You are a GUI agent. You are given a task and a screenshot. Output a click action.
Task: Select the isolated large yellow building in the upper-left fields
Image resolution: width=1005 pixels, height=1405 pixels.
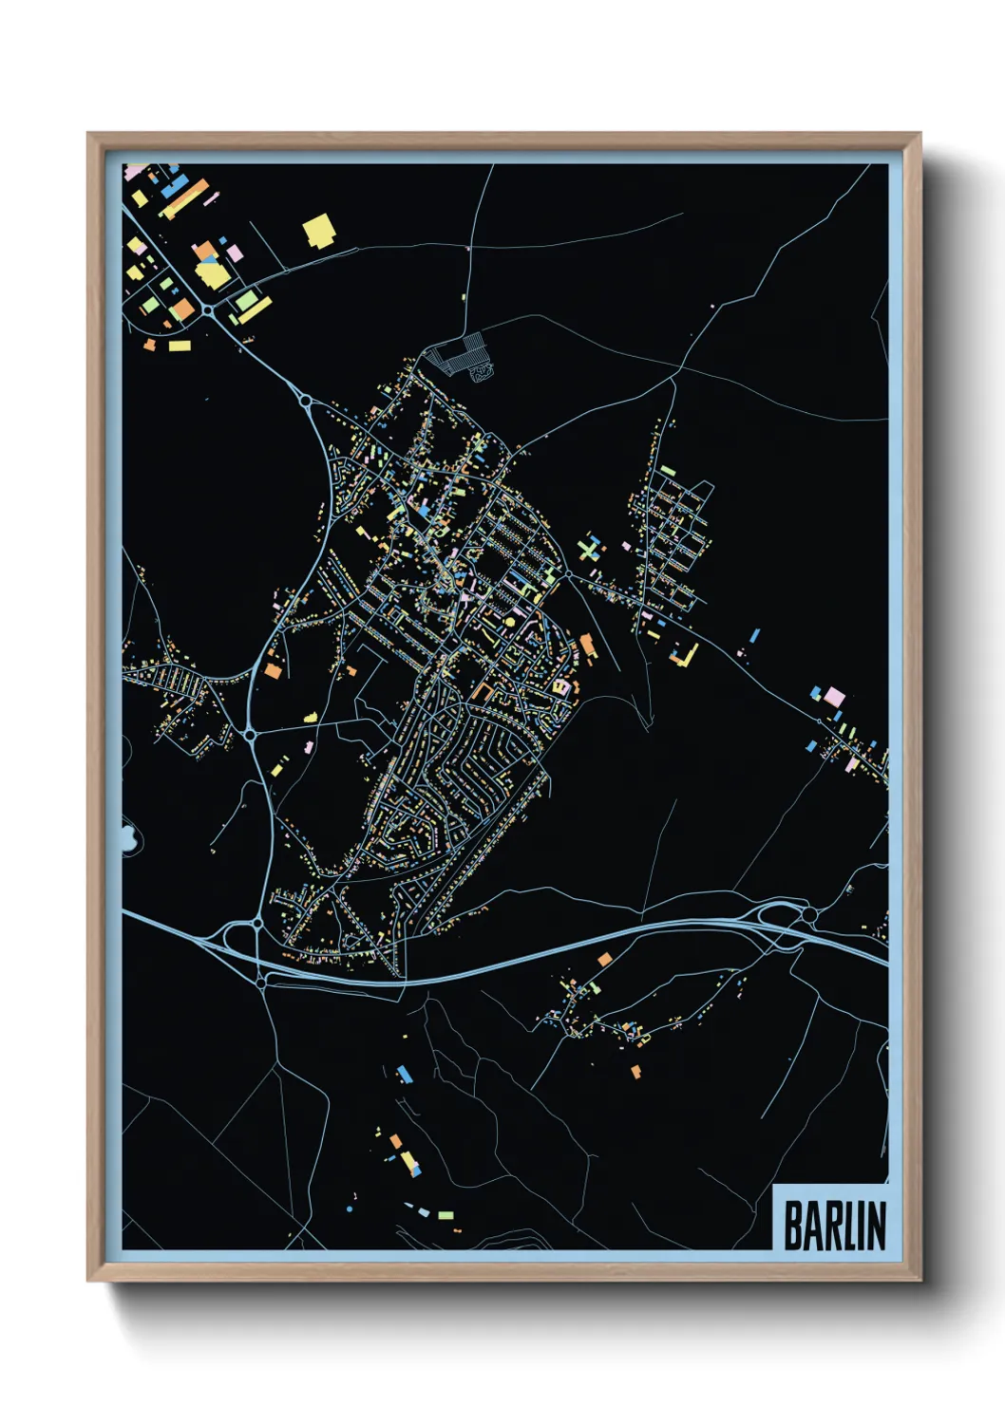coord(319,231)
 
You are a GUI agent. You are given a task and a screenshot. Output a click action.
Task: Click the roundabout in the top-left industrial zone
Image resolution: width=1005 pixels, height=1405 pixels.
coord(207,309)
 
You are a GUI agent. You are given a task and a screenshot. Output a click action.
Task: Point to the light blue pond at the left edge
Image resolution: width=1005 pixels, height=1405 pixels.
coord(128,838)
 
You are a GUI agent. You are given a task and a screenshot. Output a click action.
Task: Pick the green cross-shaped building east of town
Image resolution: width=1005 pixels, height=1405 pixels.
coord(590,549)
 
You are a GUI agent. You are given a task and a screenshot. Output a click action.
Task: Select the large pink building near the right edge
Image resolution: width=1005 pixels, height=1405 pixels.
coord(834,697)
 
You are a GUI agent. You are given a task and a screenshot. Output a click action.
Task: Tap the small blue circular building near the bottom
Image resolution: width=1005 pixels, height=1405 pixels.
coord(349,1210)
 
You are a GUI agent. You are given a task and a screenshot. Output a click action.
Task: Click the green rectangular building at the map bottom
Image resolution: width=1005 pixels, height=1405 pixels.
coord(445,1214)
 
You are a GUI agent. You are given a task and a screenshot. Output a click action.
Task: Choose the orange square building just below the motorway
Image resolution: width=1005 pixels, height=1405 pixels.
coord(604,960)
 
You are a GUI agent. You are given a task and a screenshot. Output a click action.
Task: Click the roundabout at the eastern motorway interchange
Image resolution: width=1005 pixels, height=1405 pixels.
coord(808,914)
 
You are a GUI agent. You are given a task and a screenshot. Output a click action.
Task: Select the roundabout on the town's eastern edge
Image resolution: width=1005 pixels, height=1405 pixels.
coord(568,572)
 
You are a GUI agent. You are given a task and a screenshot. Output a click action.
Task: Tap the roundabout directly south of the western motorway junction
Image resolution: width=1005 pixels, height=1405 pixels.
coord(261,983)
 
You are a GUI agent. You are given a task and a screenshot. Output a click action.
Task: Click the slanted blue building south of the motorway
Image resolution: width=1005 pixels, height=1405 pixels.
coord(405,1074)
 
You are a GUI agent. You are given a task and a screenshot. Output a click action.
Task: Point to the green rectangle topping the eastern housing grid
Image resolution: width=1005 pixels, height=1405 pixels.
coord(668,470)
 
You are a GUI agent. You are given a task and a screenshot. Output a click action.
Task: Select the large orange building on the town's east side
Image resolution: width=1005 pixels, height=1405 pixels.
coord(588,645)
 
